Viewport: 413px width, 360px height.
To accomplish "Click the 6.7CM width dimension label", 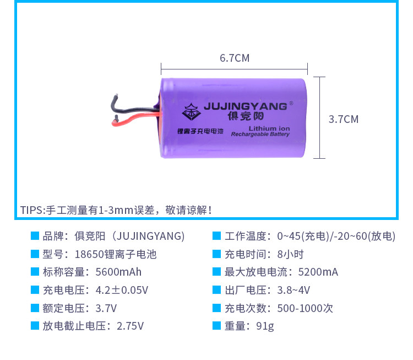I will pos(234,58).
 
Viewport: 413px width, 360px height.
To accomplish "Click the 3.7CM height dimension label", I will pos(343,119).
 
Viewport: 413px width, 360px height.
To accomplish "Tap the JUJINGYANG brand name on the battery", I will pos(245,106).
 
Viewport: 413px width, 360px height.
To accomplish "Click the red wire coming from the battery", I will pos(135,117).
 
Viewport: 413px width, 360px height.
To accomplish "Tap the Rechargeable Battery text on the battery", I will pos(260,134).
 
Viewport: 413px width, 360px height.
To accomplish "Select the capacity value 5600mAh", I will pos(118,272).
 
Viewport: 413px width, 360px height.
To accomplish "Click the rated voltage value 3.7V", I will pos(106,308).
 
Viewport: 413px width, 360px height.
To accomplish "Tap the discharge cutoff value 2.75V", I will pos(130,326).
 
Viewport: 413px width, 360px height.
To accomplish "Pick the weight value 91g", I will pos(265,326).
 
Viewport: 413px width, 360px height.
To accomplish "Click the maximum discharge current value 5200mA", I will pos(318,272).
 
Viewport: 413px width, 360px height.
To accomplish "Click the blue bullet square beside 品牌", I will pos(35,236).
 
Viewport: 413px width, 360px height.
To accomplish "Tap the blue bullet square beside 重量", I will pos(217,325).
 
